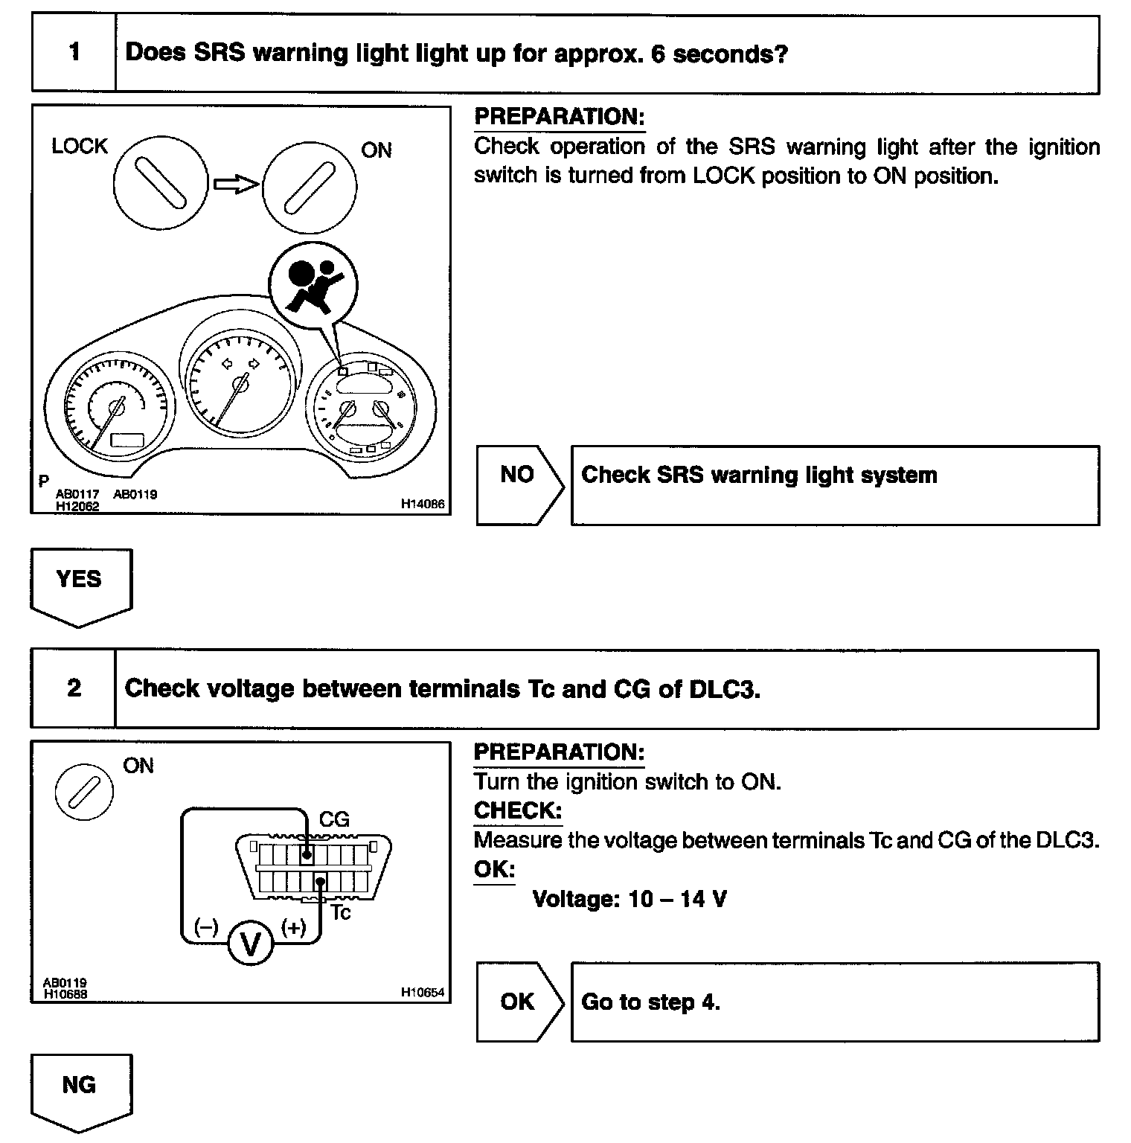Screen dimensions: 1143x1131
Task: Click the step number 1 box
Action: point(74,54)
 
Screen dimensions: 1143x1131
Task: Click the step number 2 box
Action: point(74,688)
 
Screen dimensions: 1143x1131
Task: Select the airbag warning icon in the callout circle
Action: point(313,284)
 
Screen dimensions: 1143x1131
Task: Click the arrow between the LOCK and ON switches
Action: point(236,184)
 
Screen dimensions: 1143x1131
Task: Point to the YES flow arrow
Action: point(80,586)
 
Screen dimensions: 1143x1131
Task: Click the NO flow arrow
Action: point(519,484)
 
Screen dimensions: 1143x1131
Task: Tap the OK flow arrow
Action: point(519,1002)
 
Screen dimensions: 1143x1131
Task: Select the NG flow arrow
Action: point(80,1091)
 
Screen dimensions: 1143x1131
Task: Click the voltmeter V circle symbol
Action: point(251,944)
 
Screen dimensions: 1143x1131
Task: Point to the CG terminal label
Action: point(334,820)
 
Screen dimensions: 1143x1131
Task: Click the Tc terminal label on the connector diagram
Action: point(340,912)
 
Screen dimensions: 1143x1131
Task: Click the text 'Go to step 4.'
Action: point(650,1002)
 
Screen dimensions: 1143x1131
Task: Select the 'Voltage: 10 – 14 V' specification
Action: point(629,900)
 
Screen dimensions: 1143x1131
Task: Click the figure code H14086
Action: point(422,504)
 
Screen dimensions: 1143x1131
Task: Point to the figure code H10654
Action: point(422,992)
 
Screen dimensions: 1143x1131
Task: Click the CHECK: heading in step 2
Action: point(518,810)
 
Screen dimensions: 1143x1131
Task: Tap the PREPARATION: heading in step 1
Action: point(559,117)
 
